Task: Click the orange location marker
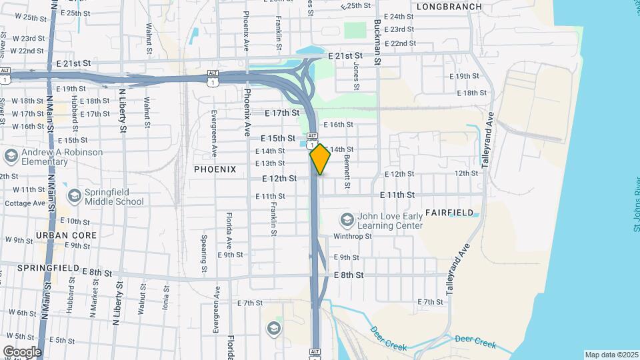click(x=320, y=159)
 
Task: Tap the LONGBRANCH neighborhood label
click(x=449, y=6)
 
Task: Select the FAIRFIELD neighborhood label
click(x=450, y=213)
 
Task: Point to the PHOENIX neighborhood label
click(x=215, y=169)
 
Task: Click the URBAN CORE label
click(x=66, y=235)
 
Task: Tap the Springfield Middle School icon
click(x=74, y=196)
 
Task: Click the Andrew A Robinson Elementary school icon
click(x=10, y=156)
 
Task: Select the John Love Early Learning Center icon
click(x=347, y=220)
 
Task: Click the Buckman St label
click(x=377, y=40)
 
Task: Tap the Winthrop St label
click(x=352, y=236)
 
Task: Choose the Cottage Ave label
click(x=25, y=203)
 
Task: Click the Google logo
click(x=22, y=351)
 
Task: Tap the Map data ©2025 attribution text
click(x=611, y=355)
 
